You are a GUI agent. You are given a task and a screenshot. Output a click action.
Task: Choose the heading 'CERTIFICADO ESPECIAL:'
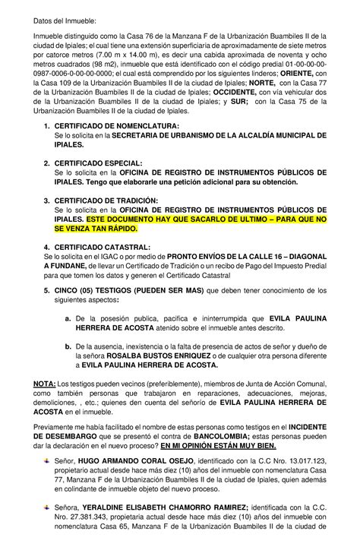tap(98, 163)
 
